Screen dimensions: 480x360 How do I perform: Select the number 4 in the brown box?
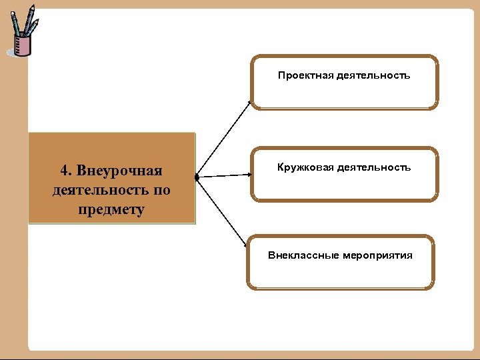(63, 172)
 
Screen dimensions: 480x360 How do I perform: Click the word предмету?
(111, 209)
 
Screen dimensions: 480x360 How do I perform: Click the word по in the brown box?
(162, 191)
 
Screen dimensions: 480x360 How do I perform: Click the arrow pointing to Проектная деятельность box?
(224, 139)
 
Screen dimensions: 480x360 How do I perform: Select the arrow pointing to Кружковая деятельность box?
(225, 176)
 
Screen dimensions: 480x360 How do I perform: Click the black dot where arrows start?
(197, 178)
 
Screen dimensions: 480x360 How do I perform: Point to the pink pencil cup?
(23, 45)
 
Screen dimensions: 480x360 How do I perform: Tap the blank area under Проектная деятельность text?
(344, 95)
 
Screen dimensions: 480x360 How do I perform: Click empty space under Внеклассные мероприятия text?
(340, 275)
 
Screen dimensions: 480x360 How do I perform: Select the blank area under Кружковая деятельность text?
(344, 187)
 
